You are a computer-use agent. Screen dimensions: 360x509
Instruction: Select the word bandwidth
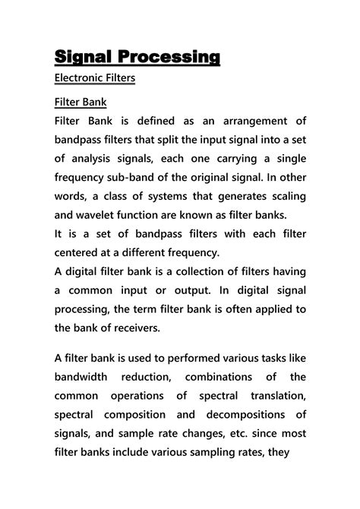click(85, 378)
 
